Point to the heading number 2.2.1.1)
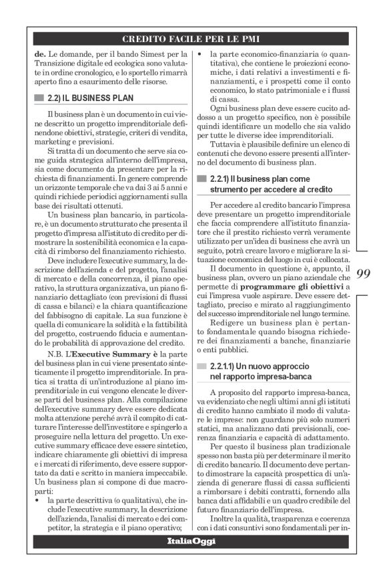pos(227,367)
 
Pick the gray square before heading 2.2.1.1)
pos(200,367)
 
